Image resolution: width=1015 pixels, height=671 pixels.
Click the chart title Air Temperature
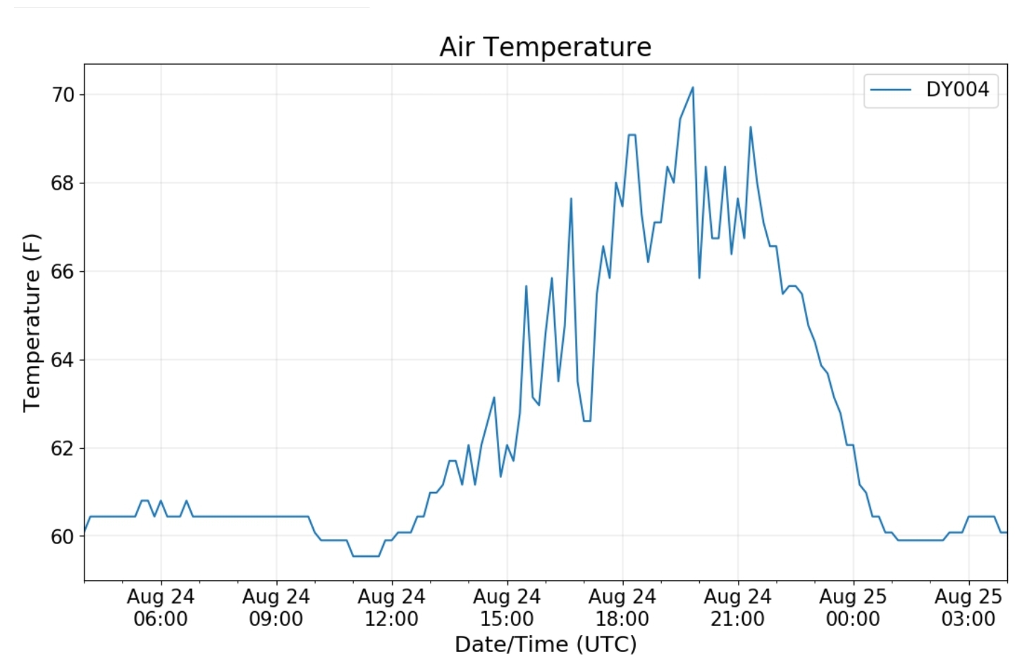click(x=545, y=47)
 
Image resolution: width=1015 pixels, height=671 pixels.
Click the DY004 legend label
click(x=957, y=90)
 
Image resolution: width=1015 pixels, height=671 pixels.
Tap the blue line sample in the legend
click(x=891, y=90)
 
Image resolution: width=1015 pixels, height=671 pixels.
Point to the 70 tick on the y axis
click(x=63, y=95)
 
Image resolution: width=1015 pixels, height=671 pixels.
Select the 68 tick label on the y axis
click(x=63, y=183)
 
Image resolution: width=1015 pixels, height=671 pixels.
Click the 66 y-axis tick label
click(x=63, y=272)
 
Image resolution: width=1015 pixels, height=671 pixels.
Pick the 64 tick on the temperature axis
click(x=63, y=360)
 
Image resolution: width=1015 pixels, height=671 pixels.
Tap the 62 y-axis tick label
click(x=63, y=448)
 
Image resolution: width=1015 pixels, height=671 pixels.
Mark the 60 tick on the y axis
click(x=63, y=537)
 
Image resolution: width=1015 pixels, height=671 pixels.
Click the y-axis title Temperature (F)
click(x=32, y=323)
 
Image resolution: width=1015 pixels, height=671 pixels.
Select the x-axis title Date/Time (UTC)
click(x=546, y=644)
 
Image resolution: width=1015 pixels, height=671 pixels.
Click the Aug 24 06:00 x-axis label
click(x=161, y=608)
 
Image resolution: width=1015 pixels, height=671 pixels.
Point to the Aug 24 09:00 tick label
click(x=276, y=608)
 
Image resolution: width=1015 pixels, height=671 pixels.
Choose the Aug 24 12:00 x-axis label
click(x=392, y=608)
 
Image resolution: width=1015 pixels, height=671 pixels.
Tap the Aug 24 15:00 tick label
click(x=507, y=608)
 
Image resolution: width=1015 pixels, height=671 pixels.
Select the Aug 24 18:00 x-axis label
click(x=622, y=608)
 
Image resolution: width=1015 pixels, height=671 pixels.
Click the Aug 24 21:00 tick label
click(x=738, y=608)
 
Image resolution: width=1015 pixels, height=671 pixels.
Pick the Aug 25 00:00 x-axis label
click(x=853, y=608)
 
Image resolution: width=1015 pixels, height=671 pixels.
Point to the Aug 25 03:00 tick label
click(x=968, y=608)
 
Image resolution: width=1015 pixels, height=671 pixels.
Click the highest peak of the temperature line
click(x=693, y=87)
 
